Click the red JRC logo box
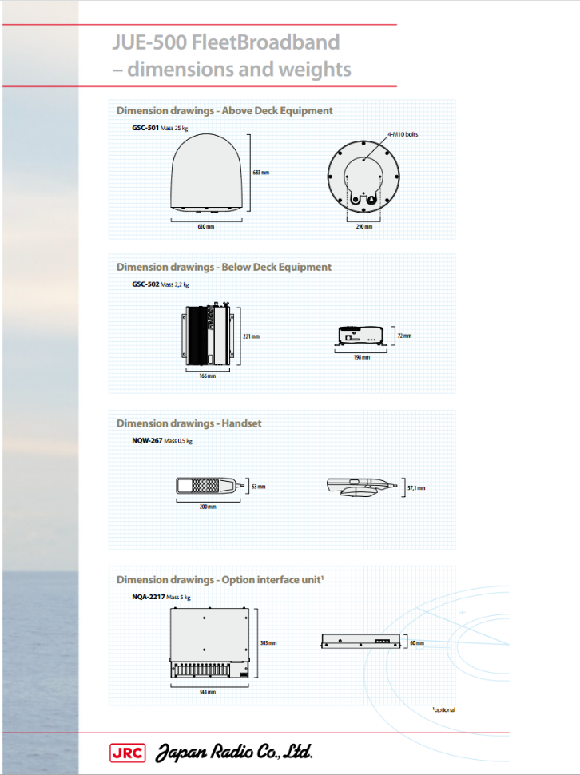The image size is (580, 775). [126, 752]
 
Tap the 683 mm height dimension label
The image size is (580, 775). [260, 173]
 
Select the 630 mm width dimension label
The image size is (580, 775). [206, 227]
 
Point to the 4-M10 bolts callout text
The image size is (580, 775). [402, 134]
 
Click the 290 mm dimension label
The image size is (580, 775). [363, 227]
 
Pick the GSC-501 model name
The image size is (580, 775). [145, 128]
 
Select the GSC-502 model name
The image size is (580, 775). [145, 284]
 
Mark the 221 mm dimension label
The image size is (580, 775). [251, 336]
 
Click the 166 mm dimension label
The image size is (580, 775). [208, 376]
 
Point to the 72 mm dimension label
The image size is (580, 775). [404, 336]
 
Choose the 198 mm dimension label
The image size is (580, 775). [362, 357]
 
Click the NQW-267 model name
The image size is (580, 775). [146, 441]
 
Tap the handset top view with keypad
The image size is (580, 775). [205, 485]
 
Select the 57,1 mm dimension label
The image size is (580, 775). [416, 487]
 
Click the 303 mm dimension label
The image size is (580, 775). [268, 642]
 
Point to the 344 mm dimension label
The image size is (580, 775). [207, 693]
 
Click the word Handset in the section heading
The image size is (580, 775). [242, 423]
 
